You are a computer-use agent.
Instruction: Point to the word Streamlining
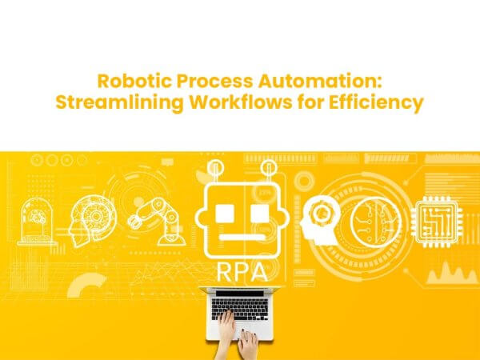117,103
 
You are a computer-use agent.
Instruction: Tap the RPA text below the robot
240,270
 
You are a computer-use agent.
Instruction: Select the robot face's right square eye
258,213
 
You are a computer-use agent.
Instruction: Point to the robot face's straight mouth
240,238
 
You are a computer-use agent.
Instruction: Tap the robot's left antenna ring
214,169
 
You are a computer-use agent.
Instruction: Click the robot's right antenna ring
268,169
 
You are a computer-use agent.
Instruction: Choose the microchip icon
438,218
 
